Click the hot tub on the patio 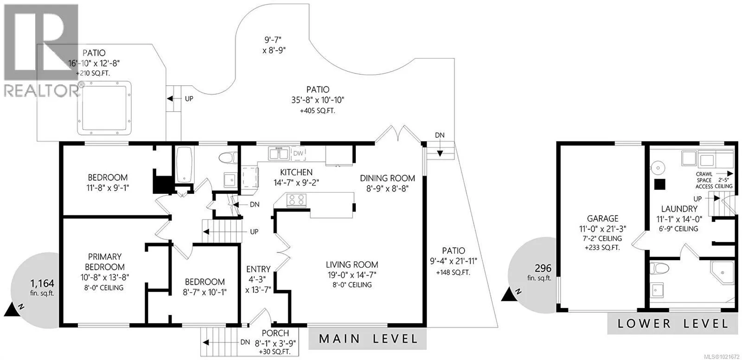coord(105,107)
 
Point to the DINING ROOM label coord(388,178)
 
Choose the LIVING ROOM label coord(352,265)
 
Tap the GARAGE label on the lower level coord(602,218)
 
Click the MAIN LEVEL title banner coord(369,339)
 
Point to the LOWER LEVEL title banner coord(673,323)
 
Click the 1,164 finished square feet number coord(42,283)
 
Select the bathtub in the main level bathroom coord(184,165)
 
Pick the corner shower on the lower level coord(723,274)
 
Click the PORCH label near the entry coord(275,333)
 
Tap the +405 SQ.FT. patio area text coord(317,111)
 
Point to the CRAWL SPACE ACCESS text coord(704,180)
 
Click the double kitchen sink coord(279,153)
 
